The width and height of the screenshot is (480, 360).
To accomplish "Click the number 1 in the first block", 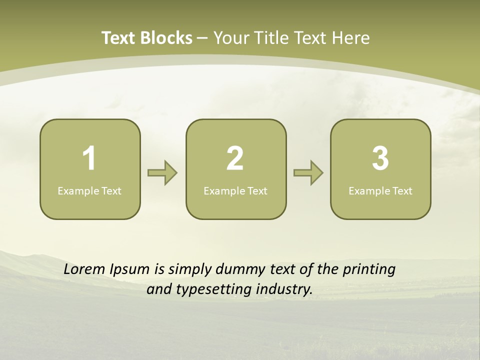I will click(89, 158).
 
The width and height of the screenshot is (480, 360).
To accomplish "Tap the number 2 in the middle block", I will click(235, 158).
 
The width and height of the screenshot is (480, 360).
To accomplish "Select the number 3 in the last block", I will click(380, 158).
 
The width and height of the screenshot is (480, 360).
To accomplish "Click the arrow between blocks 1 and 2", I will click(162, 173).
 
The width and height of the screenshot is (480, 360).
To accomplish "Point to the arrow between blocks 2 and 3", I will click(308, 173).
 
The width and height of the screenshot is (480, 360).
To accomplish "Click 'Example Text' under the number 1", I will click(89, 190).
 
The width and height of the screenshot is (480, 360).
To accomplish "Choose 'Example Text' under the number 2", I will click(235, 190).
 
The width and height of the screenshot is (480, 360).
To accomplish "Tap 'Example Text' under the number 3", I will click(380, 190).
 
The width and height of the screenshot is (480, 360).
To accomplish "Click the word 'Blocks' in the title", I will click(166, 38).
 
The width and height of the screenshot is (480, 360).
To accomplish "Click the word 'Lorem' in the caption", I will click(84, 269).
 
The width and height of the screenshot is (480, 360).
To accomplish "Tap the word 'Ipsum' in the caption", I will click(129, 269).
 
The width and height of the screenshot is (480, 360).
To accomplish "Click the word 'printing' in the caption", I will click(369, 269).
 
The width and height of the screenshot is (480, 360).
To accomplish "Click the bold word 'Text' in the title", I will click(118, 38).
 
